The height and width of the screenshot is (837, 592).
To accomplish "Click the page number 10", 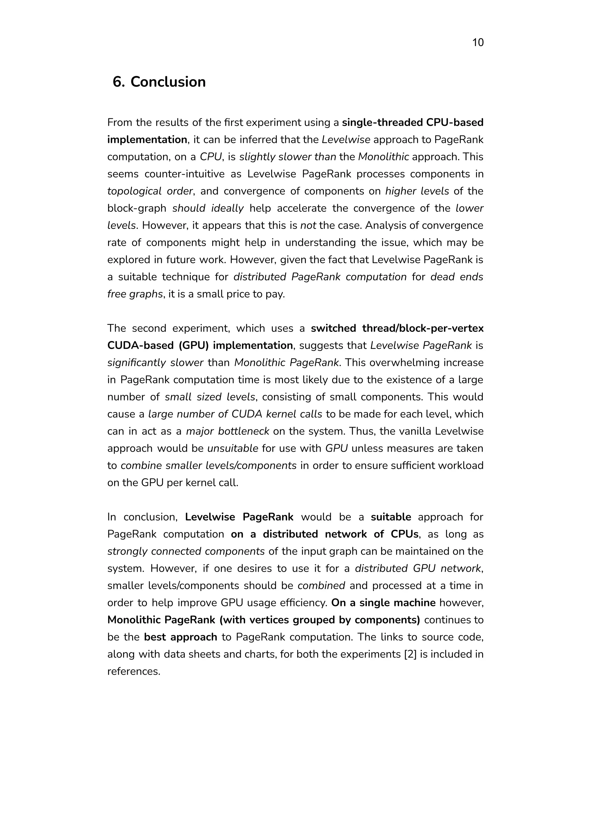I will click(478, 43).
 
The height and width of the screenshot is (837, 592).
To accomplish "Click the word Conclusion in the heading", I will click(168, 82).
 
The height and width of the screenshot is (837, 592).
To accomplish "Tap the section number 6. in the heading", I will click(119, 82).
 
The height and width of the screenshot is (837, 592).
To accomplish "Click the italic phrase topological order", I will click(149, 191).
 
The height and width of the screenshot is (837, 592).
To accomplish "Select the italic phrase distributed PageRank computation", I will click(320, 277).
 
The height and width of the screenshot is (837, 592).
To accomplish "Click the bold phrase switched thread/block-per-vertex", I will click(397, 328).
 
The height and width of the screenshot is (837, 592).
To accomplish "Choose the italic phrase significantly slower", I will click(155, 363).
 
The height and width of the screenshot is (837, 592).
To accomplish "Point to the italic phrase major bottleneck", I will click(227, 431).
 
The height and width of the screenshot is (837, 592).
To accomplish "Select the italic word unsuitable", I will click(233, 448).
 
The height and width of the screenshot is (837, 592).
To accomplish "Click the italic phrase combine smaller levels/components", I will click(208, 466).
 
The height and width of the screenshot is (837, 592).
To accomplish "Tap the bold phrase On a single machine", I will click(383, 603).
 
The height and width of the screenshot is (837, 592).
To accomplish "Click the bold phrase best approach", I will click(180, 637).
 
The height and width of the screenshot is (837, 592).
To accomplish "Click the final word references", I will click(134, 671).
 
